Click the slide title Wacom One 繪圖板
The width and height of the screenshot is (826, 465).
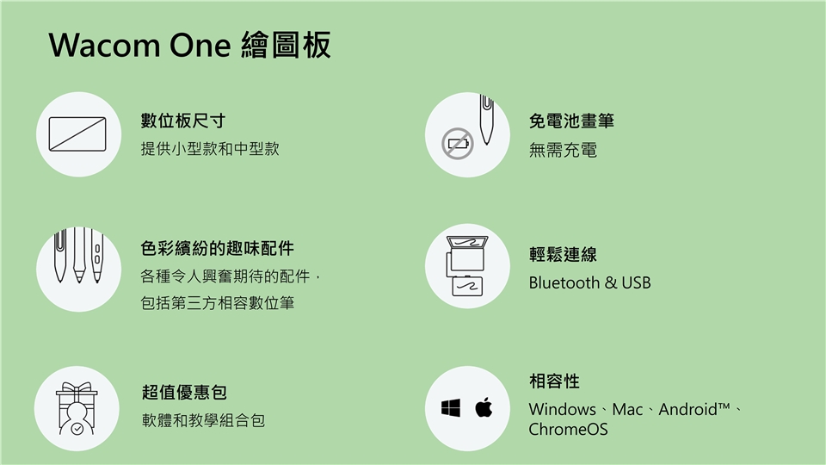(x=189, y=45)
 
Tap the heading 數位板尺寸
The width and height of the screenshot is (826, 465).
(x=182, y=121)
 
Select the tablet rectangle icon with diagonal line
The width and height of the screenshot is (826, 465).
(x=77, y=134)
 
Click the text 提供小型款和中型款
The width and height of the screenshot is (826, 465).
(x=210, y=149)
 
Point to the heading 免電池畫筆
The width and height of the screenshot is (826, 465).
(x=571, y=121)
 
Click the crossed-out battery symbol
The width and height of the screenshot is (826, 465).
(x=457, y=144)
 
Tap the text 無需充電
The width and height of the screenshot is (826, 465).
(x=563, y=150)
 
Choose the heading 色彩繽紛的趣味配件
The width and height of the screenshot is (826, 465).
(x=217, y=248)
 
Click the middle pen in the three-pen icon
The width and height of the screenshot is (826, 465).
(x=79, y=255)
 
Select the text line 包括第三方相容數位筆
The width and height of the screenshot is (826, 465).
(x=217, y=303)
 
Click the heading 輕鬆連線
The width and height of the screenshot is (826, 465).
(x=563, y=255)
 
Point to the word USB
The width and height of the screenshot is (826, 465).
(x=636, y=283)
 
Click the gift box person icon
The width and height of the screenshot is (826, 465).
(x=77, y=408)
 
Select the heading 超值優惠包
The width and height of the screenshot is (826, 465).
(x=184, y=393)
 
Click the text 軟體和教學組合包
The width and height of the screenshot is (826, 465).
(x=203, y=420)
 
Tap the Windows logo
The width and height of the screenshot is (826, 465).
(x=451, y=408)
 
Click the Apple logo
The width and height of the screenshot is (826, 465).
(x=484, y=407)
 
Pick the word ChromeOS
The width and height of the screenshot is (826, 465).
(x=569, y=430)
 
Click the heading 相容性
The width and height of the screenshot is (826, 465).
(x=554, y=381)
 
